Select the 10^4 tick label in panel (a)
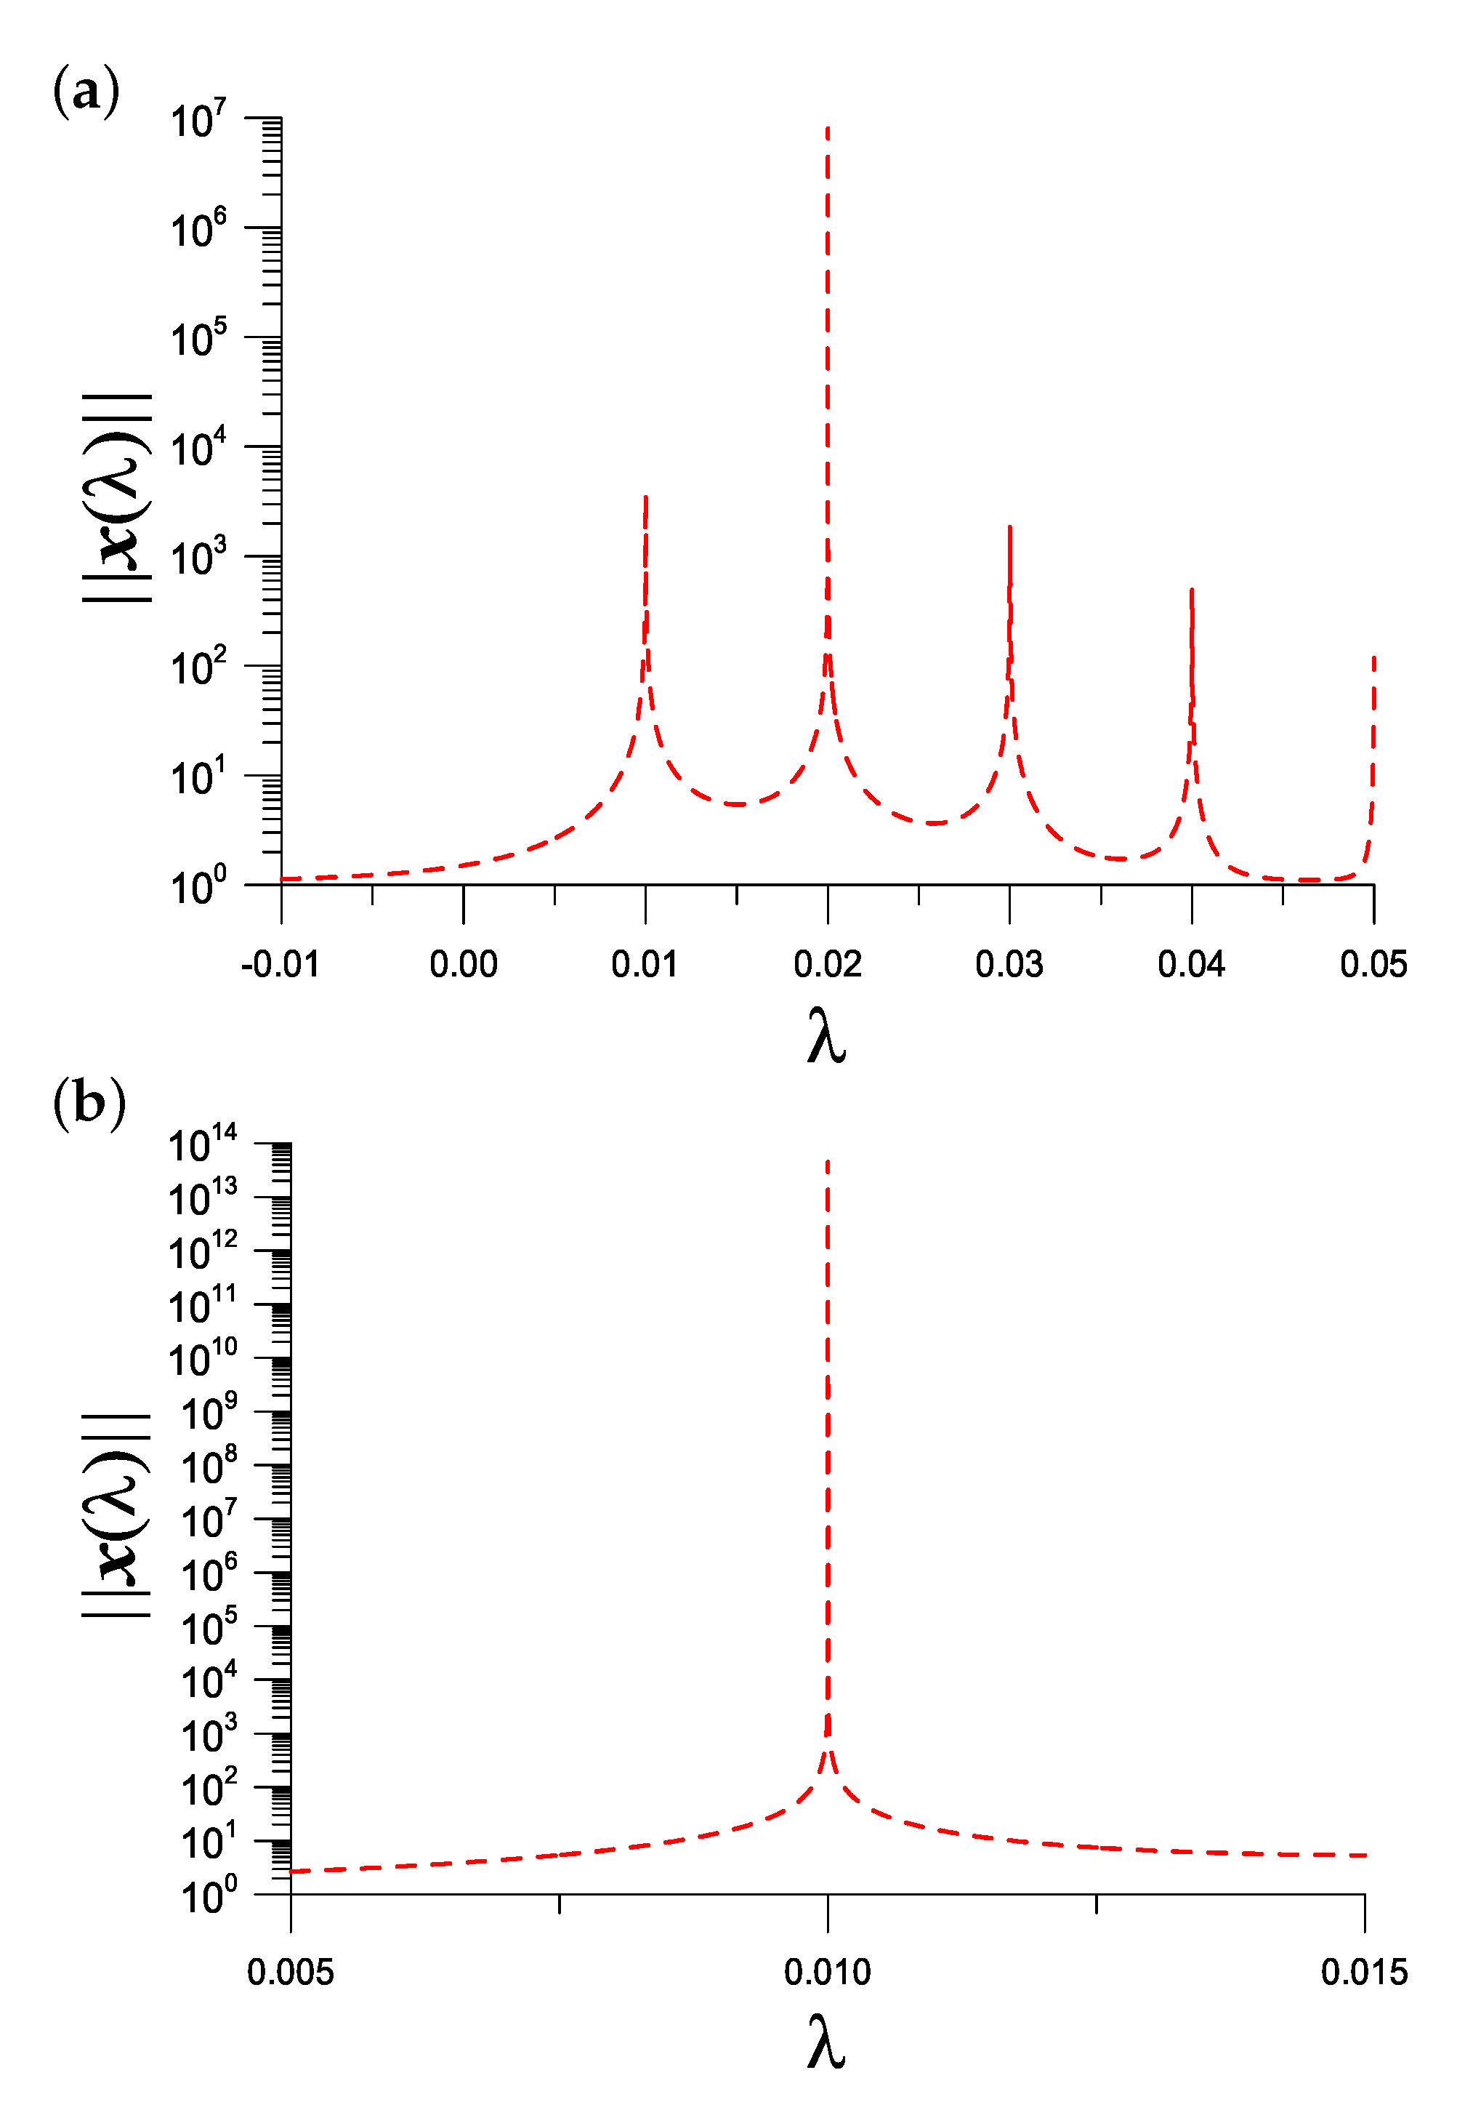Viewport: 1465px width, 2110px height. click(198, 449)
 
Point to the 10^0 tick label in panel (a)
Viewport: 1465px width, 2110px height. click(198, 887)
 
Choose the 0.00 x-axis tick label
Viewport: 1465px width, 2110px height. click(464, 965)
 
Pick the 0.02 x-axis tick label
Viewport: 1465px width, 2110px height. click(827, 965)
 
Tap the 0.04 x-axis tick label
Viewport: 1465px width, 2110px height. click(1192, 965)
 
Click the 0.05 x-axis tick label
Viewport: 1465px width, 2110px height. click(1373, 965)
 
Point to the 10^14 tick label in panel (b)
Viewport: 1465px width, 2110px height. click(202, 1146)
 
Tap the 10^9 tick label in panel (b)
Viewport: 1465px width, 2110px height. click(209, 1414)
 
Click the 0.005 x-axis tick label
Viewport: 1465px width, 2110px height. click(290, 1973)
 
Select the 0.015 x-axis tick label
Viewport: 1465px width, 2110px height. click(1364, 1973)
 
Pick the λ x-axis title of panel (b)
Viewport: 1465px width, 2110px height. click(826, 2044)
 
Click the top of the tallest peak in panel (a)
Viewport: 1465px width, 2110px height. click(828, 129)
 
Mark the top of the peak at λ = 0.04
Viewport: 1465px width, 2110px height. click(1192, 590)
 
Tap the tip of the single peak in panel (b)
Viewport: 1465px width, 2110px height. click(828, 1163)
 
